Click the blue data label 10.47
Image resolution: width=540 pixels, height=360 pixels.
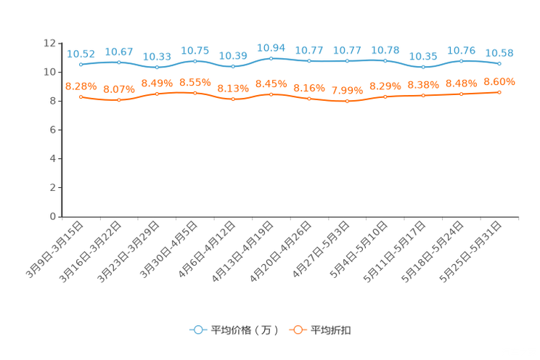coord(118,52)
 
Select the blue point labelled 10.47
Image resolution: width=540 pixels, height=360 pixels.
coord(118,62)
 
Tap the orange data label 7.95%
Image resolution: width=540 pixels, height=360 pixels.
coord(347,91)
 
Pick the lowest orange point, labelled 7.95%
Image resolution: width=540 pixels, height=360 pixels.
coord(347,102)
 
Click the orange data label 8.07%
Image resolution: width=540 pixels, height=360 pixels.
coord(118,89)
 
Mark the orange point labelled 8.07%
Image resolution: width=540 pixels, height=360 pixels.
coord(118,100)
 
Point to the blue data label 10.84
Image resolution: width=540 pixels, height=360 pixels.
coord(271,47)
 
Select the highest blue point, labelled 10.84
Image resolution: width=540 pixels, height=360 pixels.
coord(271,58)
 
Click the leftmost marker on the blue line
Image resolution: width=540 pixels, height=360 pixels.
coord(81,65)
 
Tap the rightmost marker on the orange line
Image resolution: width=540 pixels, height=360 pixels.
coord(499,92)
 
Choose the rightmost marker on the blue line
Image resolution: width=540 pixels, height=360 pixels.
coord(499,64)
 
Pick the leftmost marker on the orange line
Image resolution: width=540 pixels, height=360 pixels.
coord(81,97)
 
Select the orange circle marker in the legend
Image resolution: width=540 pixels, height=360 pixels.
coord(297,330)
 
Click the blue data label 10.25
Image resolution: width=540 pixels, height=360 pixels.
coord(423,56)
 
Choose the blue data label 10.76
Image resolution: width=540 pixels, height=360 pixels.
coord(461,50)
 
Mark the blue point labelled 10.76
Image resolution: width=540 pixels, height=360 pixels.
coord(461,61)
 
